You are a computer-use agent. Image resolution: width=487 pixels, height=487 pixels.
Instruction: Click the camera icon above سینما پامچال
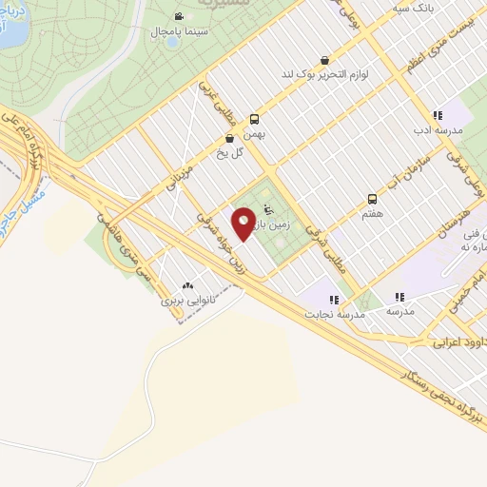(x=179, y=15)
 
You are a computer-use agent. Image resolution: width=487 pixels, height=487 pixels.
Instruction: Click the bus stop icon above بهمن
(x=254, y=119)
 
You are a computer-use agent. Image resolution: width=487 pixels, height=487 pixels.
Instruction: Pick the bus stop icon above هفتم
(x=372, y=200)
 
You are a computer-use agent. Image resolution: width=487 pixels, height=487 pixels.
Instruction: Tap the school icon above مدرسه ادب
(x=438, y=114)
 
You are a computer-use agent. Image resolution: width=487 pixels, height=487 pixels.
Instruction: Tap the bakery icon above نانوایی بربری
(x=186, y=284)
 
